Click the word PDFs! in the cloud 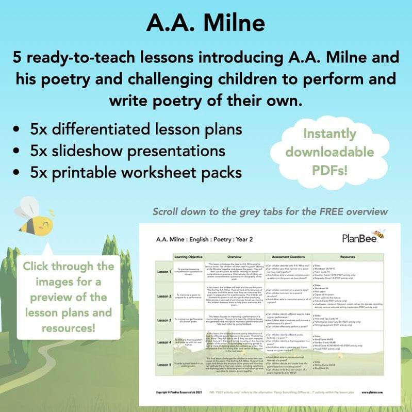(x=329, y=170)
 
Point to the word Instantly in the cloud (x=329, y=134)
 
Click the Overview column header (x=234, y=256)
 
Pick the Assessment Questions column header (x=287, y=256)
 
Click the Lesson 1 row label (x=164, y=271)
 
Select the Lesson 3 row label (x=164, y=320)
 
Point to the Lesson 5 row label (x=164, y=365)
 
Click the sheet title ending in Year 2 (x=205, y=239)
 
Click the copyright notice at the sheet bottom (x=180, y=392)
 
